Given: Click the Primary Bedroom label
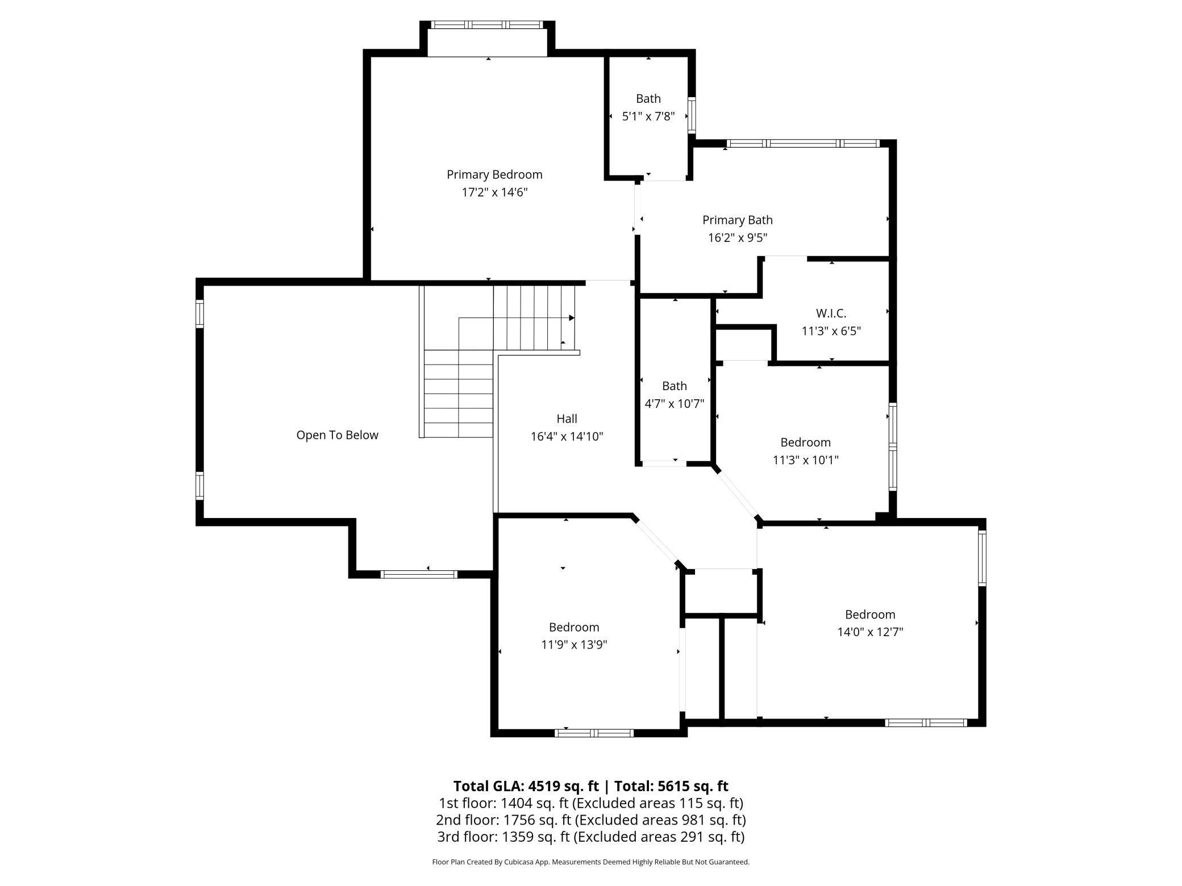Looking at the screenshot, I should tap(494, 174).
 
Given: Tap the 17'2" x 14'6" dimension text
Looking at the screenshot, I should tap(494, 193).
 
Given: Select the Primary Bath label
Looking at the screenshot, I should tap(737, 220).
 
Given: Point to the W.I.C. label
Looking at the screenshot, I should tap(831, 313).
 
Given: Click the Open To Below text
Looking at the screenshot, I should tap(337, 435).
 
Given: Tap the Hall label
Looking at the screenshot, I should tap(567, 419).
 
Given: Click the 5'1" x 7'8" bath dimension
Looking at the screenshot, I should tap(648, 116).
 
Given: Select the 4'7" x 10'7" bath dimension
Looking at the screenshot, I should tap(674, 404).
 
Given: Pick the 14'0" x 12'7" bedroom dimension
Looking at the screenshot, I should tap(869, 632).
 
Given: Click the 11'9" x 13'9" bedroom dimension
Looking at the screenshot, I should tap(574, 645).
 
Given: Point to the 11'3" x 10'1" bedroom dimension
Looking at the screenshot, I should tap(805, 460).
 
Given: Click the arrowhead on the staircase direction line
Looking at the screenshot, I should tap(572, 318).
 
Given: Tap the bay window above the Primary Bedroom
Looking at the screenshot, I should tap(488, 25).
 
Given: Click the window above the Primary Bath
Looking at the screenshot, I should tap(803, 144).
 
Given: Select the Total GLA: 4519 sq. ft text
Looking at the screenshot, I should tap(526, 786).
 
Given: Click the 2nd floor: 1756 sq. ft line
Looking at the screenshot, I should tap(590, 820).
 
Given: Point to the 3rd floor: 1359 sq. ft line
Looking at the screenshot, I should tap(590, 837).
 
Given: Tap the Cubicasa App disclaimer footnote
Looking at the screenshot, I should tap(590, 862).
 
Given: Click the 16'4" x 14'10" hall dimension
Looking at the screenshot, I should tap(567, 437).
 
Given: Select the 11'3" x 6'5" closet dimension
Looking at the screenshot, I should tap(831, 331).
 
